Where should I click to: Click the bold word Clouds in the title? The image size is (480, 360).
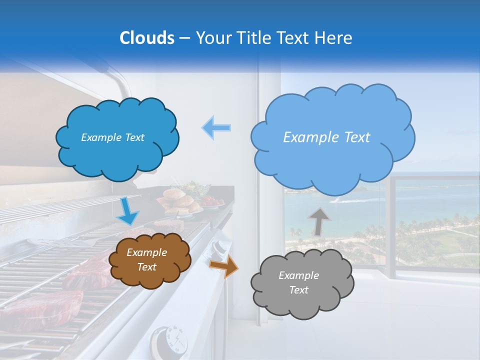(x=146, y=37)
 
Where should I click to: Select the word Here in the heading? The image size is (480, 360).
(x=335, y=37)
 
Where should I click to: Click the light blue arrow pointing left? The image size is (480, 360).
(x=216, y=127)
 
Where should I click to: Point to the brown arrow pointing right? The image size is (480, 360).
(x=223, y=266)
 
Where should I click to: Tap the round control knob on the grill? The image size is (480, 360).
(x=170, y=340)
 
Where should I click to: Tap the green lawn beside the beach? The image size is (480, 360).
(x=450, y=242)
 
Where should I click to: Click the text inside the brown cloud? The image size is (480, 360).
(x=147, y=260)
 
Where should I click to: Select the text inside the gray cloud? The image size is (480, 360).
(x=298, y=282)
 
